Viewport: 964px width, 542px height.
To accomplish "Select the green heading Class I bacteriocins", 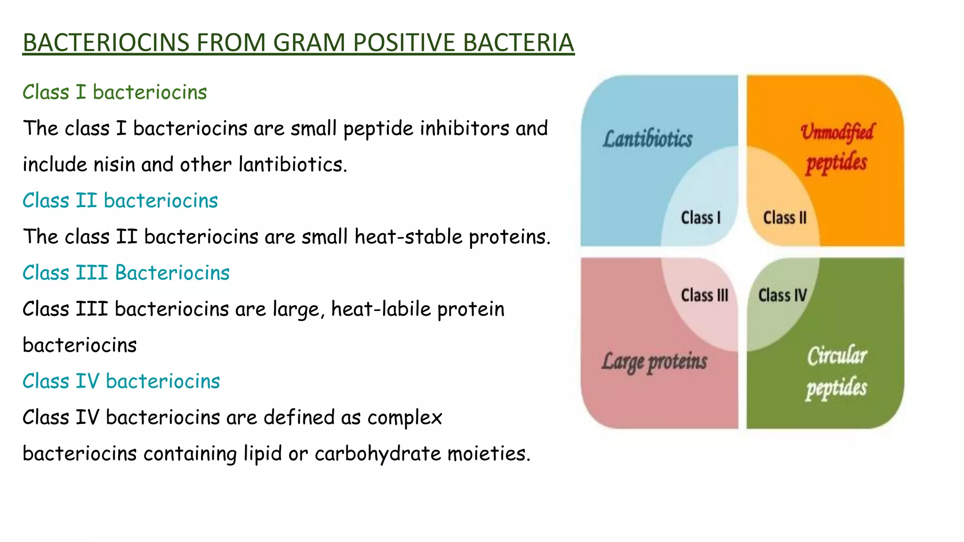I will click(x=114, y=92).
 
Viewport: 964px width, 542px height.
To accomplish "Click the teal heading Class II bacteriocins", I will click(x=120, y=200).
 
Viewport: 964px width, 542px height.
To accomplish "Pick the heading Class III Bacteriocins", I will click(x=126, y=273).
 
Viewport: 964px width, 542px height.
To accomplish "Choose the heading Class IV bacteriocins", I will click(x=121, y=381).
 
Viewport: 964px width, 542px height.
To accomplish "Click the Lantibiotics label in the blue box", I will click(x=648, y=139).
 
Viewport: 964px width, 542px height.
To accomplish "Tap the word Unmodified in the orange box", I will click(x=837, y=132).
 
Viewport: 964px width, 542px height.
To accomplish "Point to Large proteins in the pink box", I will click(x=654, y=362).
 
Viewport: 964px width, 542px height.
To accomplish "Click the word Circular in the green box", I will click(x=837, y=356).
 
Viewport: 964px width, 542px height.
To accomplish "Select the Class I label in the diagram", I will click(x=700, y=218).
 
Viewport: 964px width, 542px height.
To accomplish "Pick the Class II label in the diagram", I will click(x=785, y=218).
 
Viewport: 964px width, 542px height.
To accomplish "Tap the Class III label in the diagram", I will click(x=704, y=295).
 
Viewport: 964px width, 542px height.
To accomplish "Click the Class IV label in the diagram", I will click(x=782, y=295).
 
